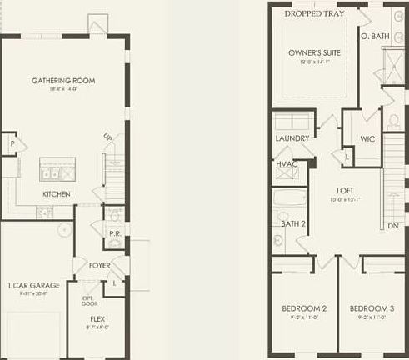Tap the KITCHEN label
[57, 194]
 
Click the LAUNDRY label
[292, 138]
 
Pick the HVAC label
[287, 164]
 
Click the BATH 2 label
[293, 223]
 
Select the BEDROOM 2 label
[303, 308]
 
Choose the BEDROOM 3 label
[372, 308]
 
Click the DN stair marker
[393, 226]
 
